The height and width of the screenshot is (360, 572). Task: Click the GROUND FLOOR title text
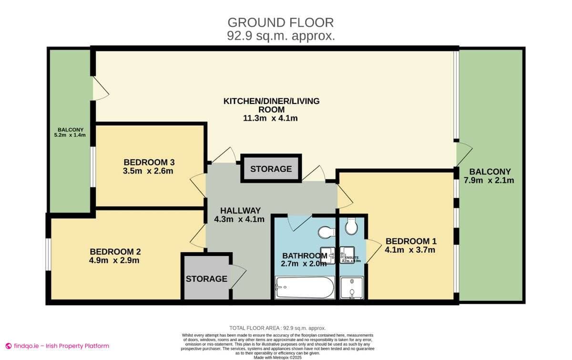[x=281, y=22]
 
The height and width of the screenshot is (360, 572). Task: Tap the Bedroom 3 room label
[x=148, y=162]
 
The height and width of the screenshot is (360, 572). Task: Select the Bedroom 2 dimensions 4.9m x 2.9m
[x=114, y=260]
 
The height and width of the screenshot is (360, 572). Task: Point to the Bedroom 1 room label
[x=410, y=241]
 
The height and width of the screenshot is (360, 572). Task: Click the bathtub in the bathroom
[x=305, y=288]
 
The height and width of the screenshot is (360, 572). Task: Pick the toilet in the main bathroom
[x=326, y=232]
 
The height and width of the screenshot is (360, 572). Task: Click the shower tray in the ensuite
[x=352, y=288]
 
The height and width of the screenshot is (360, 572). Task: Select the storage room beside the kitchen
[x=271, y=169]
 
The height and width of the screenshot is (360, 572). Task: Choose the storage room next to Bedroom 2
[x=206, y=278]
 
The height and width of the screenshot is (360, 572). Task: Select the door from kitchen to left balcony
[x=100, y=89]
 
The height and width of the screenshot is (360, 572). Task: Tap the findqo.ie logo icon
[x=8, y=346]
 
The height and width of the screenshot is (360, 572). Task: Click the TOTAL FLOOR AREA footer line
[x=277, y=328]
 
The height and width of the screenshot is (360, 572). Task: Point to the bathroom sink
[x=327, y=253]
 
